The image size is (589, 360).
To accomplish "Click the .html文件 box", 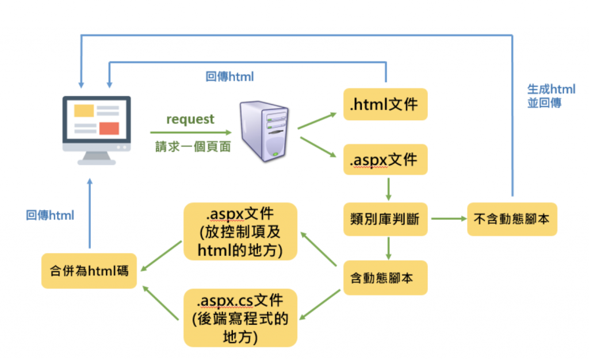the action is [x=385, y=104].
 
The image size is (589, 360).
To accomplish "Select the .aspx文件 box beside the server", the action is [x=385, y=159].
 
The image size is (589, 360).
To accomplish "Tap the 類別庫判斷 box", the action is [x=385, y=219].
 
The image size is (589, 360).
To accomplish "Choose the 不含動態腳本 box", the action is [x=512, y=219].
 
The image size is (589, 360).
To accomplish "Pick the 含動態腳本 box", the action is [x=385, y=278].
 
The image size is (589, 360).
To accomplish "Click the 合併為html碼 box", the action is [x=89, y=271].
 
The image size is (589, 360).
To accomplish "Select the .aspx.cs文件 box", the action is [x=240, y=318].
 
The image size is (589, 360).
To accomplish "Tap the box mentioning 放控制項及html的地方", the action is [x=240, y=232].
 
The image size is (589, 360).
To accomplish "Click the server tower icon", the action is [x=265, y=131].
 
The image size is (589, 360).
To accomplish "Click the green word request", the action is [x=190, y=120].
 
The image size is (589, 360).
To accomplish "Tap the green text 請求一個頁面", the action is [x=193, y=147].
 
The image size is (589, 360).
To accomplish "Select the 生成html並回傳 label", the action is [x=551, y=95].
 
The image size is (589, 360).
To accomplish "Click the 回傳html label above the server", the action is [x=230, y=76].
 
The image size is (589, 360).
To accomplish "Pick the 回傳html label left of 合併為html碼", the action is [x=50, y=215].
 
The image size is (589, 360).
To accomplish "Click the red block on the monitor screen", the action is [x=109, y=128].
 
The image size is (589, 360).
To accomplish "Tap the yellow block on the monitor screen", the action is [x=84, y=111].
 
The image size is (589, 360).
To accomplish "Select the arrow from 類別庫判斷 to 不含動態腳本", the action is [x=449, y=219].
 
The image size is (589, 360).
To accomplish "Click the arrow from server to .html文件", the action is [x=318, y=121].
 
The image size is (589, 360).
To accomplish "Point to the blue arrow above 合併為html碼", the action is [x=90, y=213].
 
